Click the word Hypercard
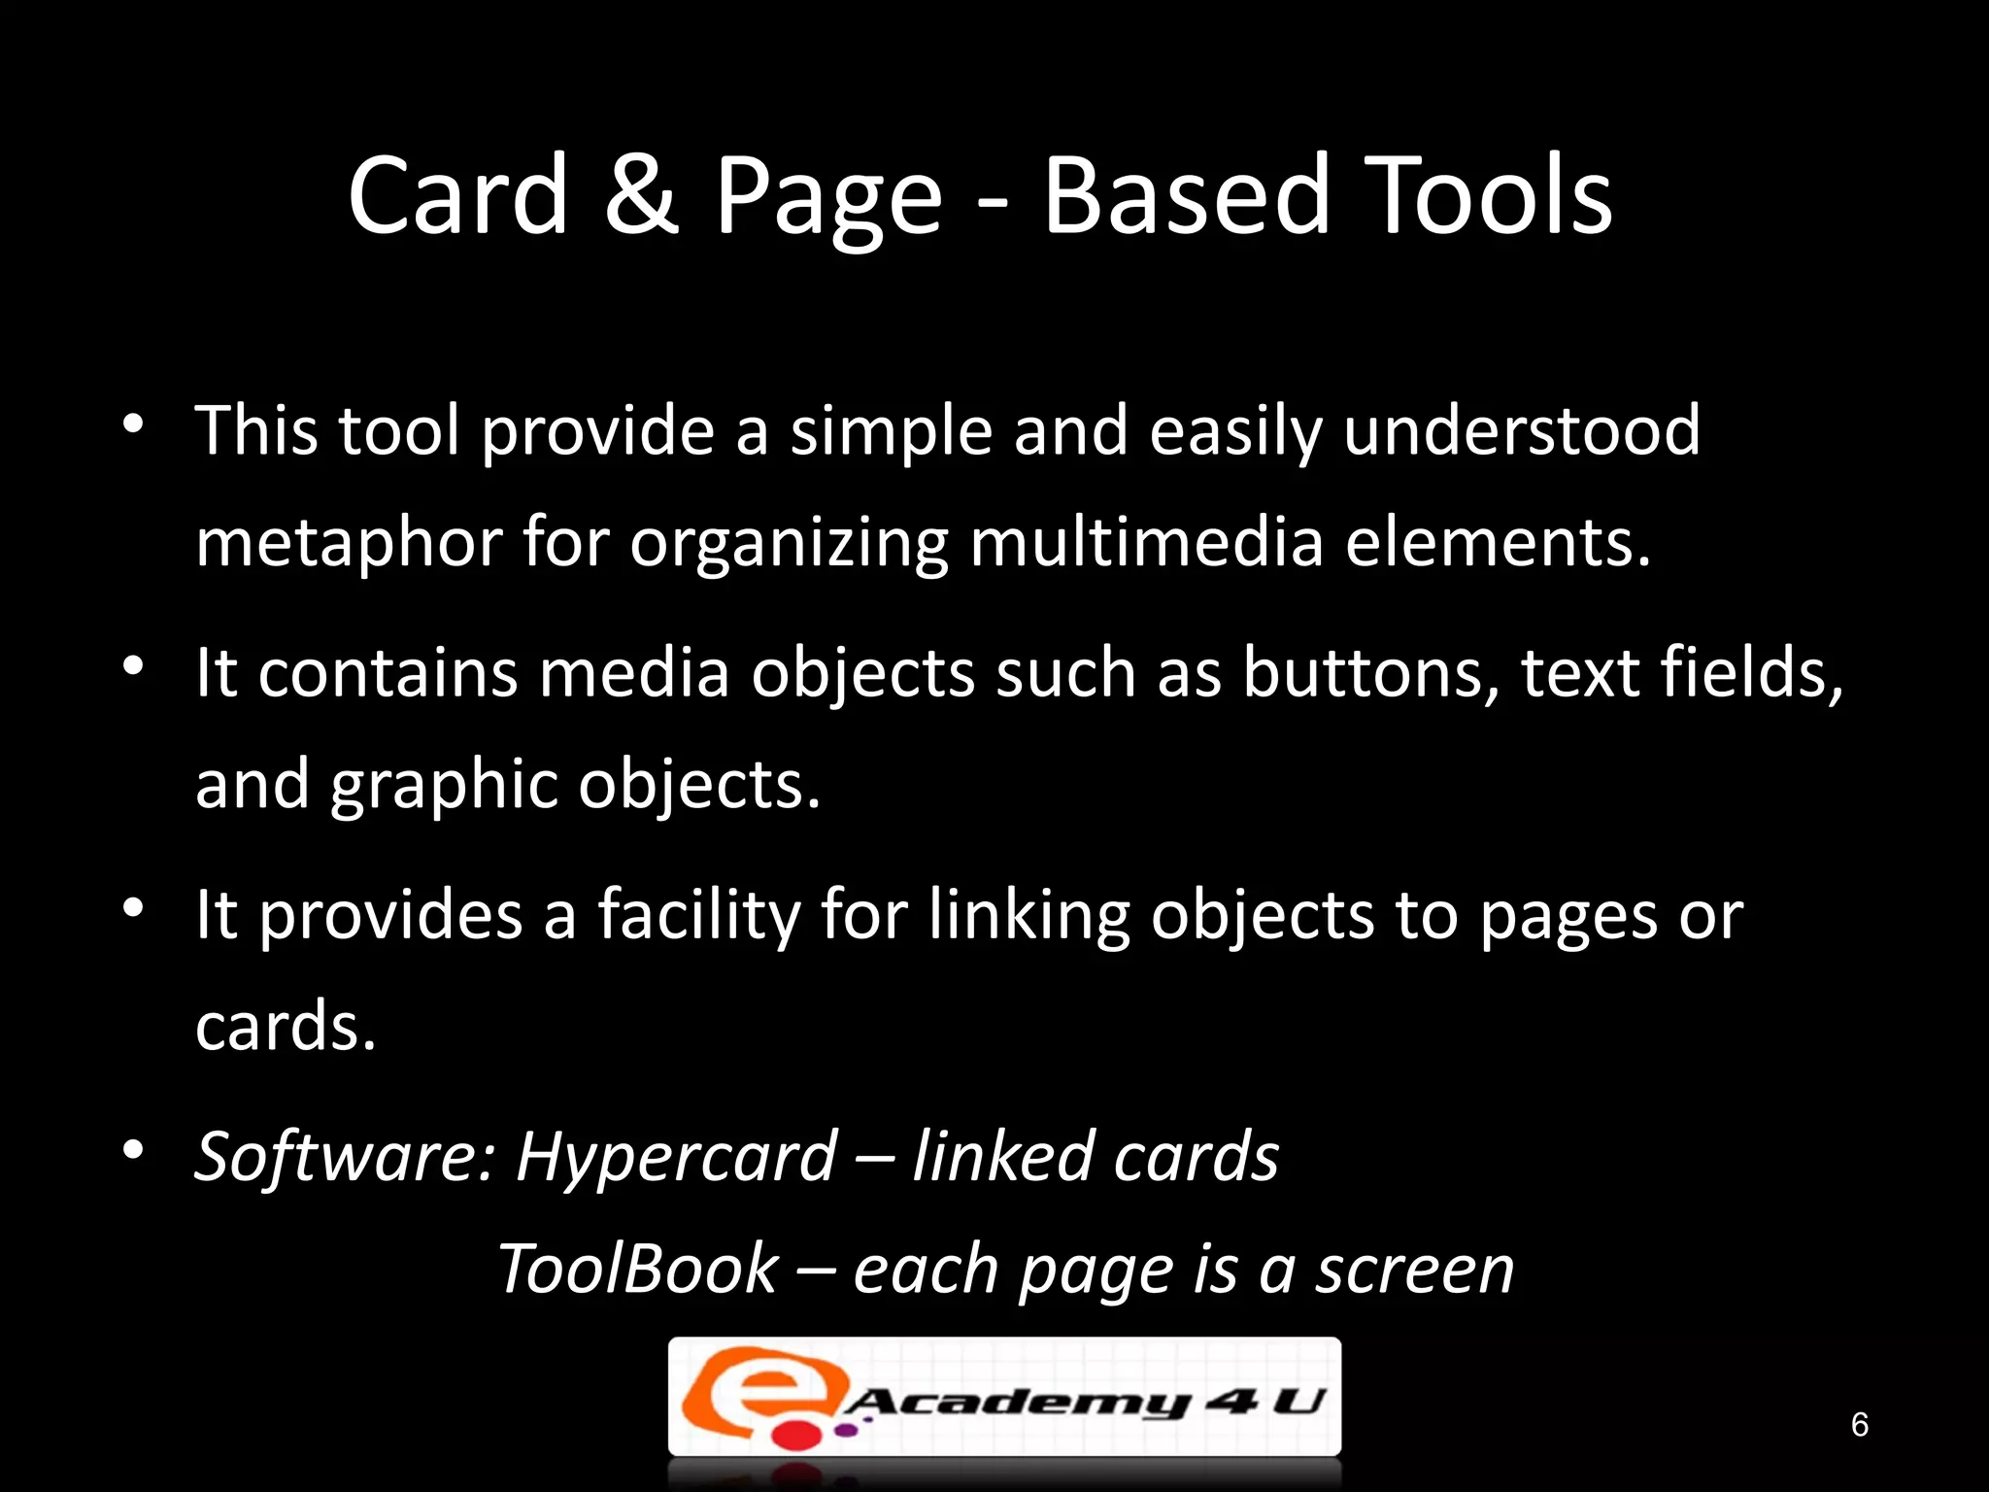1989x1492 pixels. pyautogui.click(x=677, y=1157)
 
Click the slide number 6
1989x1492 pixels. pyautogui.click(x=1859, y=1424)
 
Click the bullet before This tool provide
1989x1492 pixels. pyautogui.click(x=133, y=424)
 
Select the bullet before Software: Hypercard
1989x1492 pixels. pyautogui.click(x=133, y=1150)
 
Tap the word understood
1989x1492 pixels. pyautogui.click(x=1522, y=430)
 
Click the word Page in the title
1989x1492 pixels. pyautogui.click(x=828, y=198)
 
